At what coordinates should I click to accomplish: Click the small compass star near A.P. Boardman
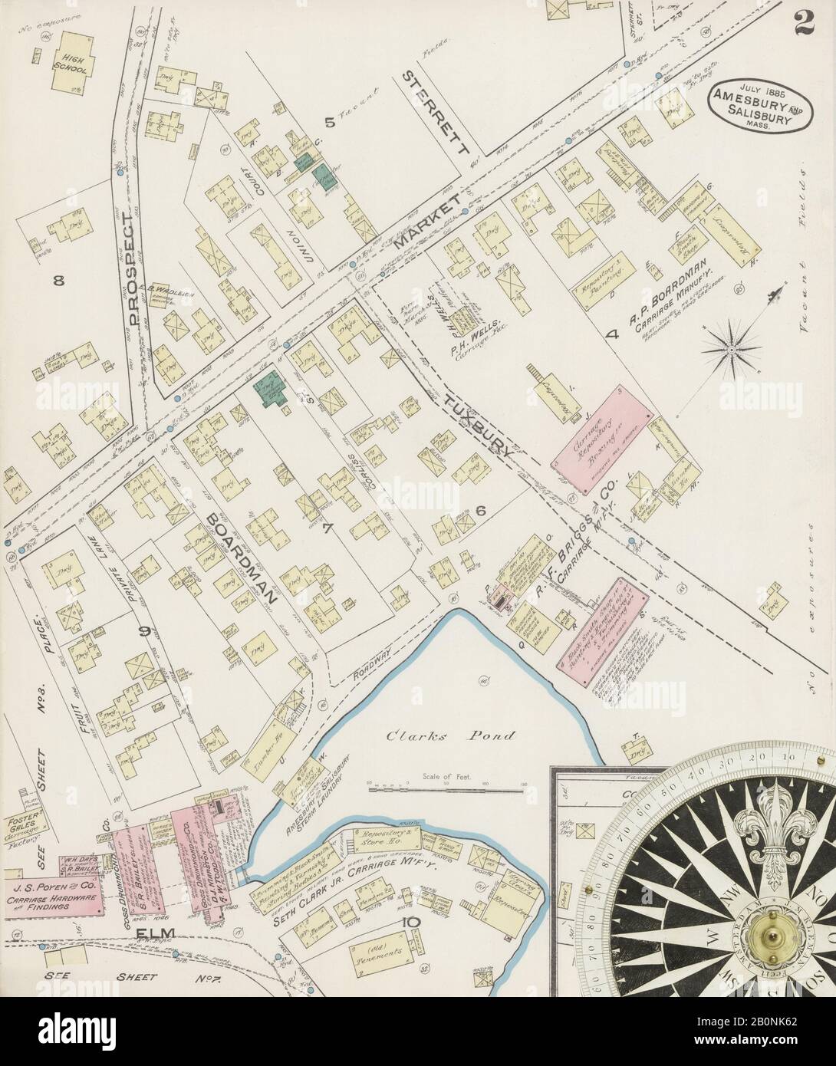click(730, 349)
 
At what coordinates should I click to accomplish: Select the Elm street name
click(153, 933)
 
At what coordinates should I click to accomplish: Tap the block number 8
click(58, 281)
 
